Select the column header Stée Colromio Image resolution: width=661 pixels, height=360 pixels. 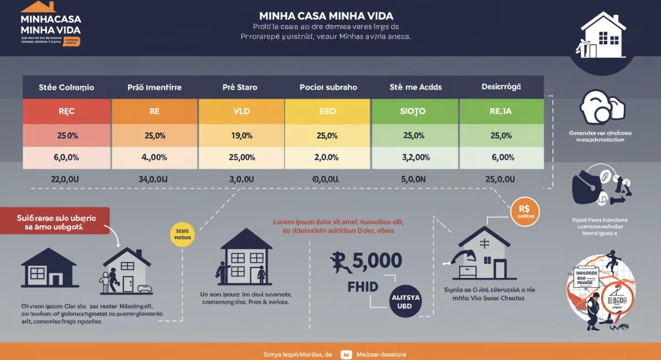[x=66, y=87]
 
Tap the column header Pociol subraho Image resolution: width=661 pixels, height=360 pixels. [x=328, y=87]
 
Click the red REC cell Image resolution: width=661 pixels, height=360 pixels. [x=66, y=111]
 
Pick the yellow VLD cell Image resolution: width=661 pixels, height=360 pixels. [x=241, y=111]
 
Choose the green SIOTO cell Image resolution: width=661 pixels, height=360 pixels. [x=415, y=111]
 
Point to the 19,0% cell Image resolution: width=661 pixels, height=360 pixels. [x=241, y=135]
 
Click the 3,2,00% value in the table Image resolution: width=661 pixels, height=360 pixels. [x=415, y=157]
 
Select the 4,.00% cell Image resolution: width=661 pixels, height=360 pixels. [x=154, y=157]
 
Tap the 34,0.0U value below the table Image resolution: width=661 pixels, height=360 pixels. [x=154, y=179]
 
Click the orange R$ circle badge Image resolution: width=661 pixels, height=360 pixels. [x=524, y=212]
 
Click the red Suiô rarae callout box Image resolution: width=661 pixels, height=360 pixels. [x=55, y=221]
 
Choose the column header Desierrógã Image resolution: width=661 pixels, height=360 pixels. [x=501, y=87]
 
